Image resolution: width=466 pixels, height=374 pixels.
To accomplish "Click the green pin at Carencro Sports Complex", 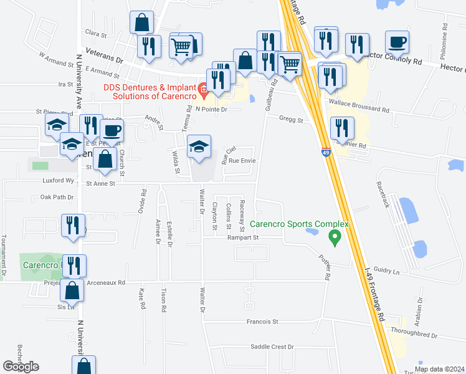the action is (x=335, y=237).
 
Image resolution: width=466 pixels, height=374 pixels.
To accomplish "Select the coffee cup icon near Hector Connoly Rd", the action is (x=397, y=42).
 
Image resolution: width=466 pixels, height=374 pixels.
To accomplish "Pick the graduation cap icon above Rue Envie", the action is (x=199, y=147).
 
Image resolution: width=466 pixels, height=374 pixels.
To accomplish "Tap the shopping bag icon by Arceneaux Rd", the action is (x=73, y=290).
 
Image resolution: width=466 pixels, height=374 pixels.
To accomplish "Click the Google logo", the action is (x=21, y=367).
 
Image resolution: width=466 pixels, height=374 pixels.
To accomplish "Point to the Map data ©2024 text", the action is (x=439, y=369).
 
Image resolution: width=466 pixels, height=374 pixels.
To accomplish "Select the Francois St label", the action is (x=262, y=322).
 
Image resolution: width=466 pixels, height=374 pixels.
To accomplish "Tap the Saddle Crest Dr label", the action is (x=272, y=347).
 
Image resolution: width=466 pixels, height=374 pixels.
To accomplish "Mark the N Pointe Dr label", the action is (x=212, y=108).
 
